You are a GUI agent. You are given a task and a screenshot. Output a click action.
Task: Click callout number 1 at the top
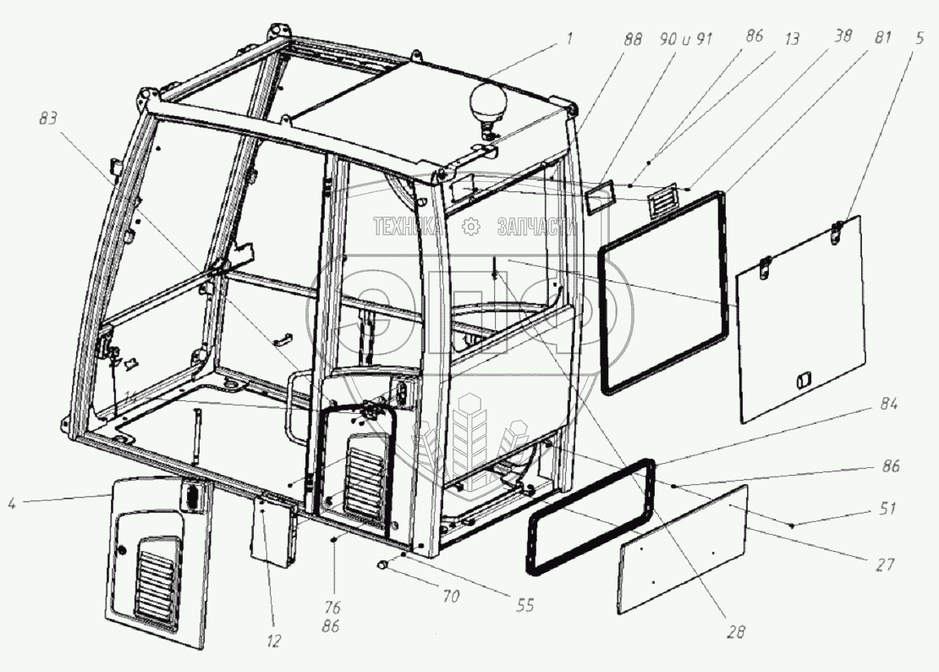pyautogui.click(x=570, y=38)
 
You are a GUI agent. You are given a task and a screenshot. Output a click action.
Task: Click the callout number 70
pyautogui.click(x=450, y=597)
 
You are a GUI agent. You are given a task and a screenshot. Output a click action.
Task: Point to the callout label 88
pyautogui.click(x=632, y=38)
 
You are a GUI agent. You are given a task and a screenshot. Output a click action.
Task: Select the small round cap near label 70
pyautogui.click(x=383, y=564)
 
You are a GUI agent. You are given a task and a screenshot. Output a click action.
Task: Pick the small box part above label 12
pyautogui.click(x=273, y=529)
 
